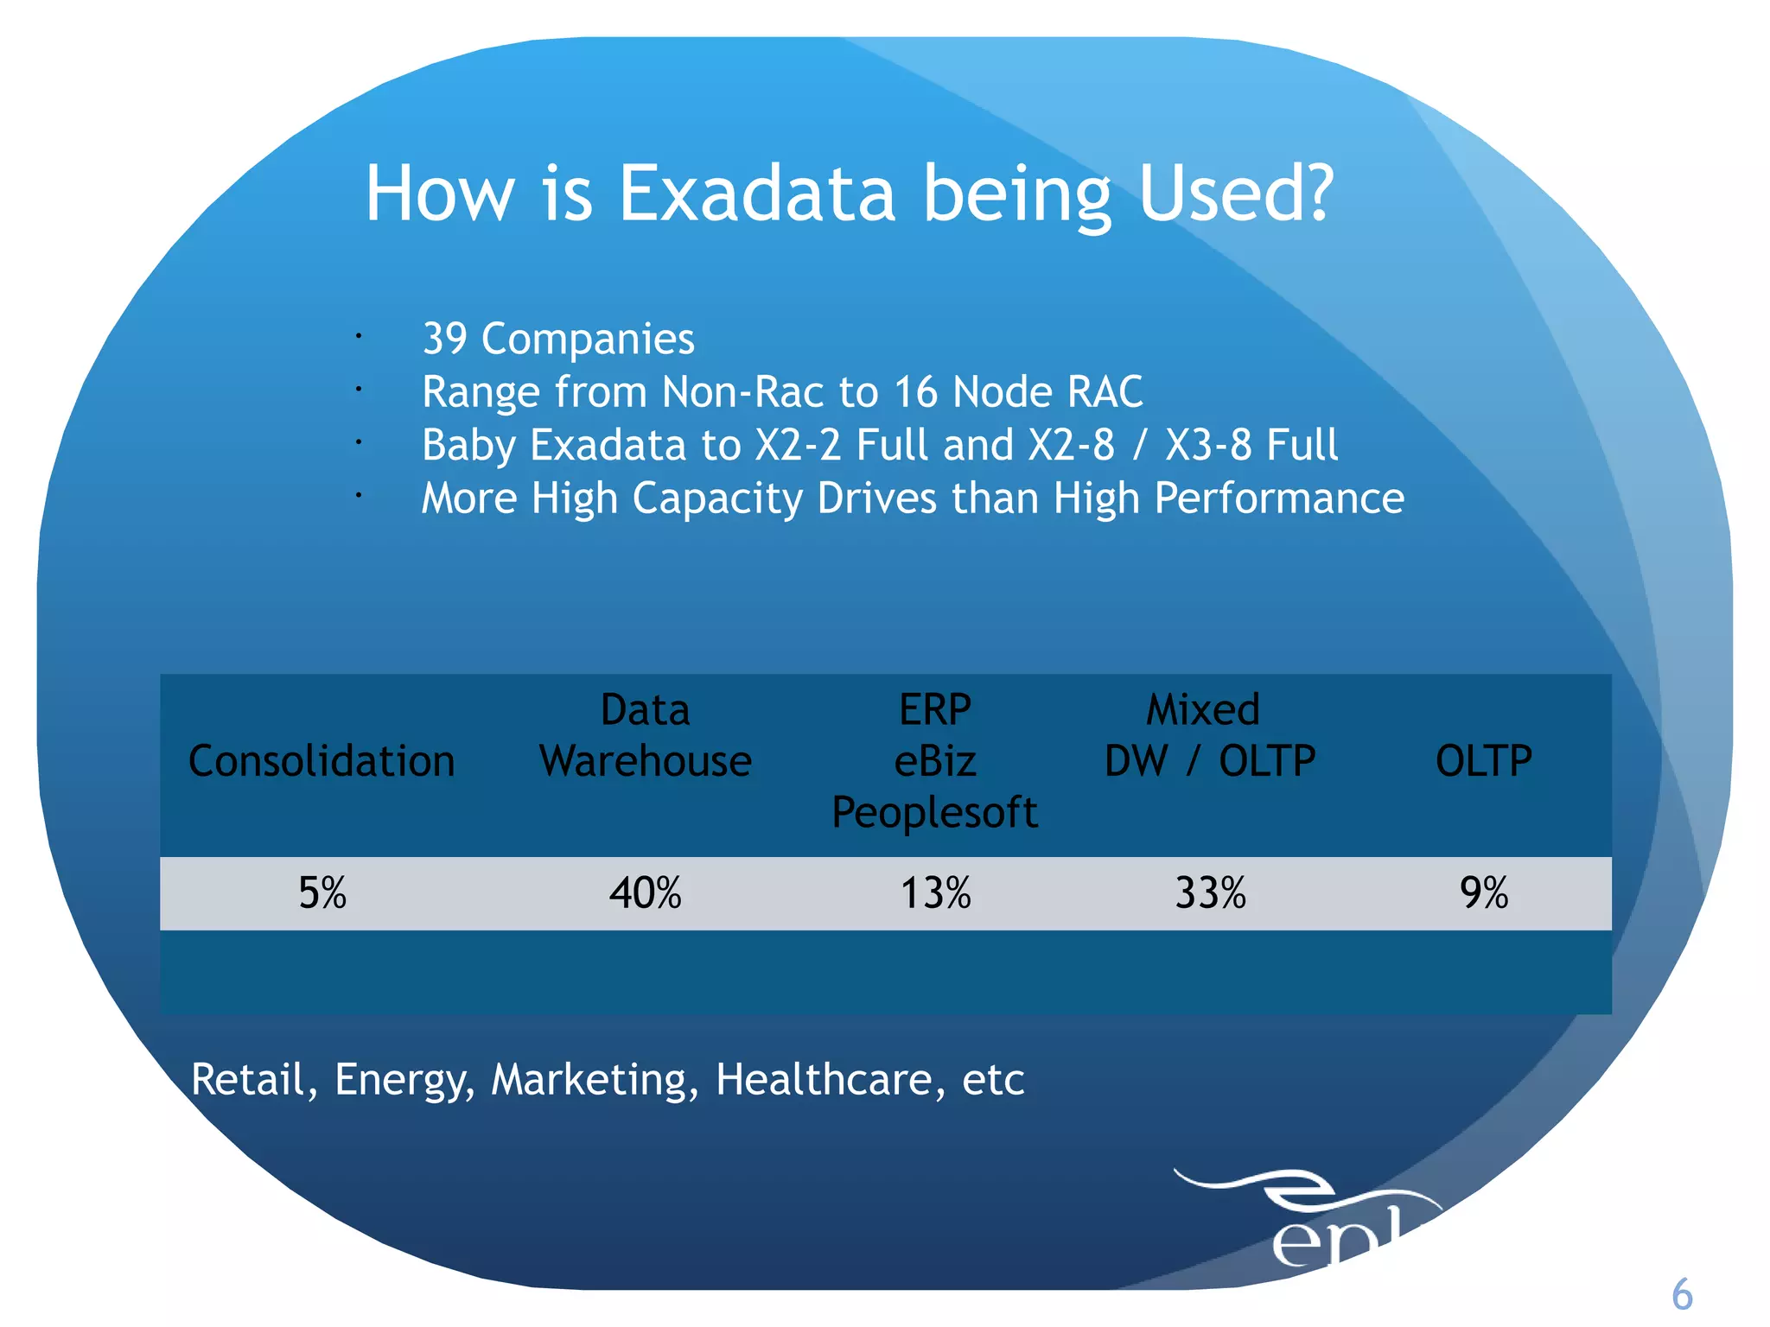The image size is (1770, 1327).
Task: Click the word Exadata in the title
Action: click(x=756, y=194)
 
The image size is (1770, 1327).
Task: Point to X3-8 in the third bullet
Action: click(x=1207, y=446)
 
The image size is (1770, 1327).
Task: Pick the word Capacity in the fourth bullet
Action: click(x=717, y=498)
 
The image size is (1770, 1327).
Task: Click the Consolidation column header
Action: click(x=322, y=762)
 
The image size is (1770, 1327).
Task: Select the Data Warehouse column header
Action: click(x=646, y=736)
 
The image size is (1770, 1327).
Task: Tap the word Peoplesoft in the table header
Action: click(x=934, y=813)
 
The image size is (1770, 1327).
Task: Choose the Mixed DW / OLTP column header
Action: click(x=1209, y=736)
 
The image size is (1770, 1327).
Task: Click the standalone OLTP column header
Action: click(x=1483, y=762)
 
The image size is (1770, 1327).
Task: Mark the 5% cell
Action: click(x=322, y=893)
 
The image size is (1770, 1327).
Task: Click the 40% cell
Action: click(x=646, y=893)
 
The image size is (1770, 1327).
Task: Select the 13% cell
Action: click(x=935, y=893)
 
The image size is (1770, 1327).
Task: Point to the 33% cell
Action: click(x=1210, y=893)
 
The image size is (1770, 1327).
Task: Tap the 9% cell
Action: click(x=1484, y=893)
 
